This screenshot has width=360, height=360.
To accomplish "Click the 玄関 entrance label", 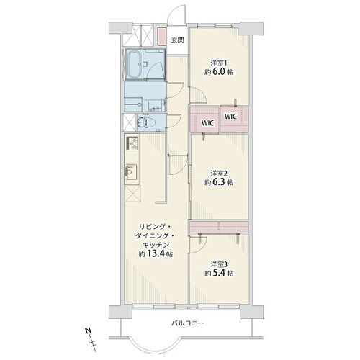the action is click(x=177, y=40).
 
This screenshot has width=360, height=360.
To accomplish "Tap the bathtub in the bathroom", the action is click(x=134, y=64).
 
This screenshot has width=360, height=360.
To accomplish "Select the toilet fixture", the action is click(x=146, y=122).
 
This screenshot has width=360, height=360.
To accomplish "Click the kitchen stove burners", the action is click(x=132, y=143).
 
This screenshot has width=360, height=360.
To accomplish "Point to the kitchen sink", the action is click(x=131, y=172).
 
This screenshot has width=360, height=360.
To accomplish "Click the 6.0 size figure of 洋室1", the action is click(x=218, y=71).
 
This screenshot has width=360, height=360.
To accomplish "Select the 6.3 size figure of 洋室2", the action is click(x=218, y=182).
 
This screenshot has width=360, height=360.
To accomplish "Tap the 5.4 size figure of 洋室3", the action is click(x=218, y=273).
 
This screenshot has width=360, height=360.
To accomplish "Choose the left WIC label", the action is click(x=207, y=123).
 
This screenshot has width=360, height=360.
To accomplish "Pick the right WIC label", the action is click(x=231, y=117).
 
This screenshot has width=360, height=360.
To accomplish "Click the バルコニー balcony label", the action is click(x=188, y=323).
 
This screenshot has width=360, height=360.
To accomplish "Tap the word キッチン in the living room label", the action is click(x=156, y=245).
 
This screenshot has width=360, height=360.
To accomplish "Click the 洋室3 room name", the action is click(x=219, y=264).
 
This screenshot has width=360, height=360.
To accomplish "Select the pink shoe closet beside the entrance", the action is click(x=162, y=36).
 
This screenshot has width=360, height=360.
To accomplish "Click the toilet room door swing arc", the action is click(x=178, y=123).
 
